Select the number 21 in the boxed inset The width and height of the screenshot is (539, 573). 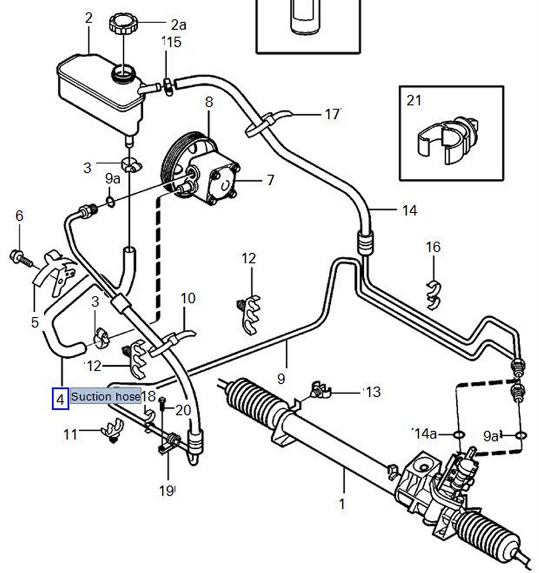coord(414,100)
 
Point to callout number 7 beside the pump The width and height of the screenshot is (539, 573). coord(270,180)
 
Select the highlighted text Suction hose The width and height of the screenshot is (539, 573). coord(106,397)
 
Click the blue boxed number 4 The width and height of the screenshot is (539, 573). coord(60,399)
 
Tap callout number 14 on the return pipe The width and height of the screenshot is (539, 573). coord(410,210)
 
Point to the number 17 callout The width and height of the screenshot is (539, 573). coord(333,114)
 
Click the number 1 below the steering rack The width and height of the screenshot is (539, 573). coord(342,504)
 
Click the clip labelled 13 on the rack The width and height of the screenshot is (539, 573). coord(320,392)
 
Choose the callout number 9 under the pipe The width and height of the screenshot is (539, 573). coord(281,379)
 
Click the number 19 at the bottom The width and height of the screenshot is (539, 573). coord(167,491)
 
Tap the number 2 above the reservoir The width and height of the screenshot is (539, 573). coord(88,18)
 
